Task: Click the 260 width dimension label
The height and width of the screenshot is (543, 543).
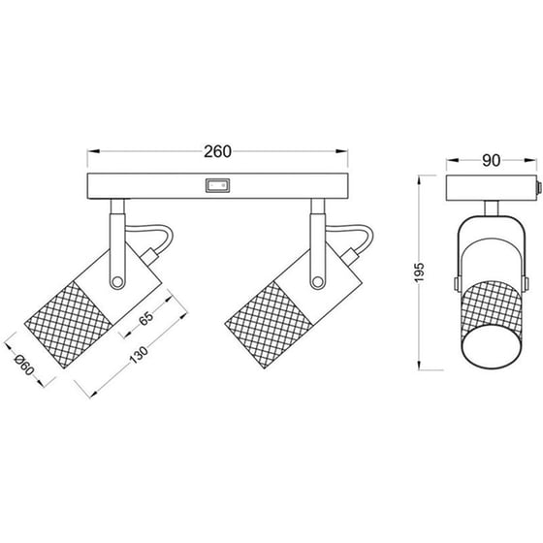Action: (217, 151)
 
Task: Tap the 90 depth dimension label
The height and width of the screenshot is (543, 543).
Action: (491, 160)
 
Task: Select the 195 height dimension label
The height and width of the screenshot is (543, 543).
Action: (419, 272)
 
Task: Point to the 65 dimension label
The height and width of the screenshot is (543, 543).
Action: (146, 319)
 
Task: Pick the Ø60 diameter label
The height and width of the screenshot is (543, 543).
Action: (24, 366)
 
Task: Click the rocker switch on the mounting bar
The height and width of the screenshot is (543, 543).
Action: (217, 185)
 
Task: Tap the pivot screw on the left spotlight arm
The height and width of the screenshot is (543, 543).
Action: (117, 282)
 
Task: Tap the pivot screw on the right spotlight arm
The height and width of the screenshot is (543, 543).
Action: (317, 282)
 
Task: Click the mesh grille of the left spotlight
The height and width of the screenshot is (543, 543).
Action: (68, 325)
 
